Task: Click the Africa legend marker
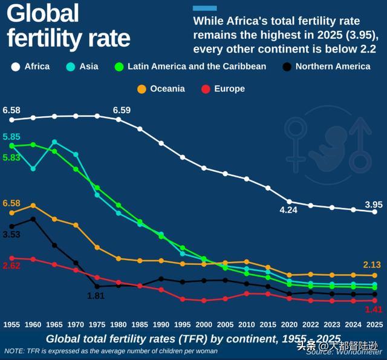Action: pyautogui.click(x=16, y=67)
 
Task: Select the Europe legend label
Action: pyautogui.click(x=229, y=88)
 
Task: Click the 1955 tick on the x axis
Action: pyautogui.click(x=11, y=324)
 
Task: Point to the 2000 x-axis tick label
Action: pyautogui.click(x=204, y=324)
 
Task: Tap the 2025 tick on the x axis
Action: pyautogui.click(x=375, y=324)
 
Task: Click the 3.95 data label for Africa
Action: pyautogui.click(x=374, y=203)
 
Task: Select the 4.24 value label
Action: pyautogui.click(x=288, y=211)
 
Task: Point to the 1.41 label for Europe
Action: pyautogui.click(x=374, y=310)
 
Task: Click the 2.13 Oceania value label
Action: pyautogui.click(x=372, y=265)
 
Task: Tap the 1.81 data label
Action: pyautogui.click(x=96, y=296)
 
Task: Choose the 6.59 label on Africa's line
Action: pyautogui.click(x=122, y=110)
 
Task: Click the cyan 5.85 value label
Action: pyautogui.click(x=12, y=137)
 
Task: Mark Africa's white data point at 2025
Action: pyautogui.click(x=375, y=212)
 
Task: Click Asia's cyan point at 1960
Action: pyautogui.click(x=33, y=168)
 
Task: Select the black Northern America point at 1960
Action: pyautogui.click(x=33, y=219)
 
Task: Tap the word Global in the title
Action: pyautogui.click(x=44, y=13)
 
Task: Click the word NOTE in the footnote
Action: pyautogui.click(x=15, y=350)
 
